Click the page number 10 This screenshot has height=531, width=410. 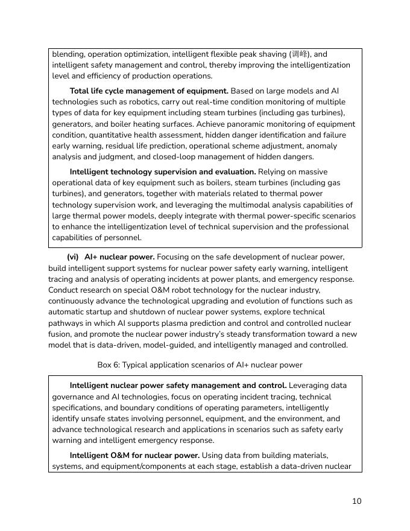click(x=357, y=501)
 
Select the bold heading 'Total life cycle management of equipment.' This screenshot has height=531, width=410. click(x=149, y=91)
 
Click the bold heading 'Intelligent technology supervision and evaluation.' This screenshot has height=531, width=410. click(x=163, y=172)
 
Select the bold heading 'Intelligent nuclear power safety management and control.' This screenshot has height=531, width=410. click(x=178, y=386)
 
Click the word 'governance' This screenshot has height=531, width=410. click(x=78, y=397)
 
